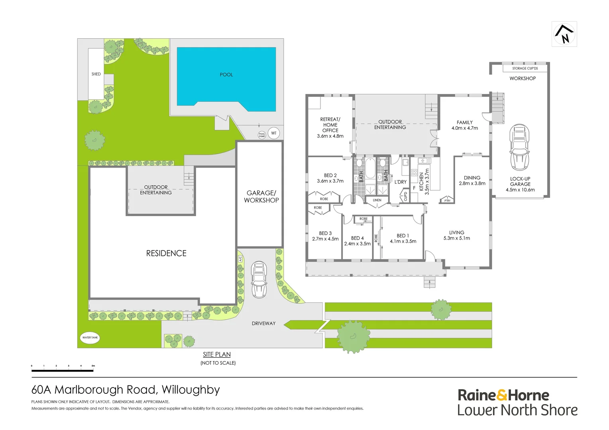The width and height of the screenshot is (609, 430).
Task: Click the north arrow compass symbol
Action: coord(564,34)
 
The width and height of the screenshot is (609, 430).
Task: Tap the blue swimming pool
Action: coord(226,78)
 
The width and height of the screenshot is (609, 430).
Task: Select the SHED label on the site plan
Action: coord(96,74)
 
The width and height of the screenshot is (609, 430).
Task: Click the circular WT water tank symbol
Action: coord(274,133)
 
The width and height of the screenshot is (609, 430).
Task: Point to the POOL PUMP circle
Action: coord(262,135)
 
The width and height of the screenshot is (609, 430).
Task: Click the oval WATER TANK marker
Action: coord(90,338)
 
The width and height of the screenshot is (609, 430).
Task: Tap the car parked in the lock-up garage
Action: coord(519,147)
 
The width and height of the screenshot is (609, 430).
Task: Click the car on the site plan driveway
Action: coord(259,279)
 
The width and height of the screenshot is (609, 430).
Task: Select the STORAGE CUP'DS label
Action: coord(525,68)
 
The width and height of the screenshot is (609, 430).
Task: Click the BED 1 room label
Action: coord(403,238)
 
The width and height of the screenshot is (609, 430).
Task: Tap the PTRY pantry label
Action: coord(447,201)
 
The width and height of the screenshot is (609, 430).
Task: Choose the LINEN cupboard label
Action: coord(377,200)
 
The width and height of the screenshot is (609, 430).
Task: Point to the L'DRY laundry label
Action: coord(401,182)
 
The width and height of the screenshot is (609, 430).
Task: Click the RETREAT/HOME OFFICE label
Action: coord(330,127)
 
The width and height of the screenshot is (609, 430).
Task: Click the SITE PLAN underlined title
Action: coord(217,354)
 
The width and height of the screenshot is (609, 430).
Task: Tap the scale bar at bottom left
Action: coord(63,370)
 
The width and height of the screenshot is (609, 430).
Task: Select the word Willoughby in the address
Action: coord(191,390)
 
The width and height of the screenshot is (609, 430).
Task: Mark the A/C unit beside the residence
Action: coord(240,259)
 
